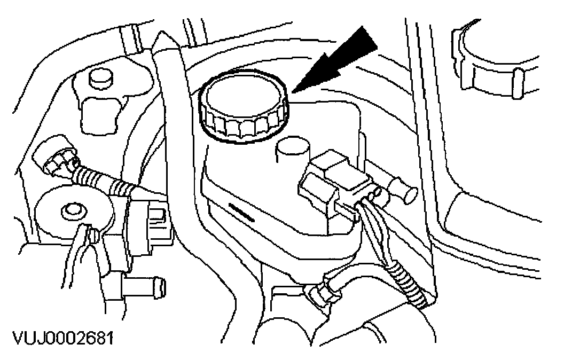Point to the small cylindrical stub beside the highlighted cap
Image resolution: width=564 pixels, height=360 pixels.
coord(291,152)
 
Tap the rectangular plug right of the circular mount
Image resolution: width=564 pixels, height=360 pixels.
coord(155,219)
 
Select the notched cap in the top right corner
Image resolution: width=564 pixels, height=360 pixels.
coord(497,59)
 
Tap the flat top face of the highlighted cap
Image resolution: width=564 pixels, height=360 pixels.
coord(243,97)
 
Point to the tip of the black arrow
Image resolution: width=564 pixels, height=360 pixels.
coord(293,91)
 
